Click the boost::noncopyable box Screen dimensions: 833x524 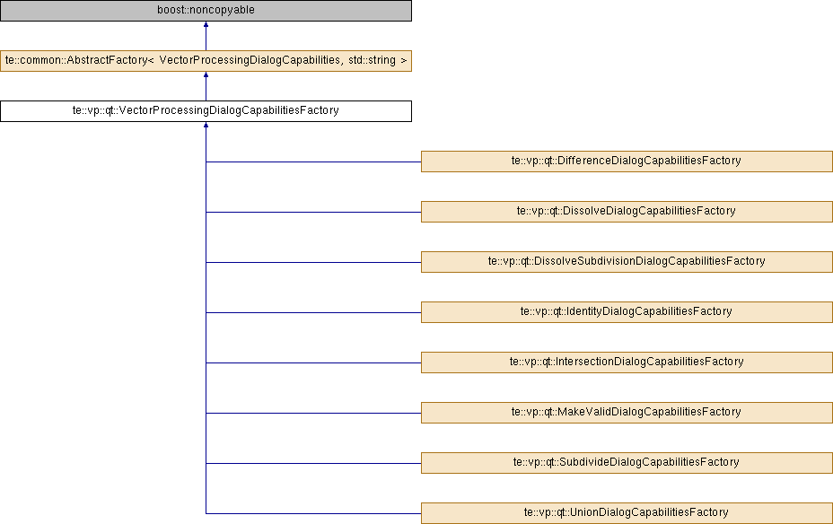pyautogui.click(x=206, y=11)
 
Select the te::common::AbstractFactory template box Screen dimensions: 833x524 pyautogui.click(x=206, y=61)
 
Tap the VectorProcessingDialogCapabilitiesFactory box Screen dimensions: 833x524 pyautogui.click(x=206, y=111)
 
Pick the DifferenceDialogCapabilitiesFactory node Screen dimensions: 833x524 pyautogui.click(x=627, y=162)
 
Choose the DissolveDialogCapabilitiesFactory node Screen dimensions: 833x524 pyautogui.click(x=627, y=212)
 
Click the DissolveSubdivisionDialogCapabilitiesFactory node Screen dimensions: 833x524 pyautogui.click(x=627, y=262)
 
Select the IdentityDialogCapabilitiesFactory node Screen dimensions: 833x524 pyautogui.click(x=627, y=312)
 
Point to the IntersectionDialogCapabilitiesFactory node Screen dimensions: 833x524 pyautogui.click(x=627, y=362)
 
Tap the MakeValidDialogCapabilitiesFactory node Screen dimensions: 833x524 pyautogui.click(x=627, y=413)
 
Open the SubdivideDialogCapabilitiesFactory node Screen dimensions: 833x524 pyautogui.click(x=627, y=463)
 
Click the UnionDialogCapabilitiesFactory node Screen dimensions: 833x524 pyautogui.click(x=627, y=513)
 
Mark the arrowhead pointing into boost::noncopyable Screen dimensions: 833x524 pyautogui.click(x=206, y=24)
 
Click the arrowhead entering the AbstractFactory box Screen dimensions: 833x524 pyautogui.click(x=206, y=74)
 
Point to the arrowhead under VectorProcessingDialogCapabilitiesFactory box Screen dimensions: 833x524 pyautogui.click(x=206, y=125)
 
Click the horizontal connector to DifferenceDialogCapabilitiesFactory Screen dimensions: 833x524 pyautogui.click(x=313, y=162)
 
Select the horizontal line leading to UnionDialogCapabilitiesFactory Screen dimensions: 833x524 pyautogui.click(x=313, y=513)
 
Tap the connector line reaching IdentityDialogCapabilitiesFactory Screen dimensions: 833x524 pyautogui.click(x=313, y=313)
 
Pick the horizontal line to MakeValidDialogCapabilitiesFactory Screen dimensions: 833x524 pyautogui.click(x=313, y=413)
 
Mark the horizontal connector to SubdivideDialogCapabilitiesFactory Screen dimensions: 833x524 pyautogui.click(x=313, y=464)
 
